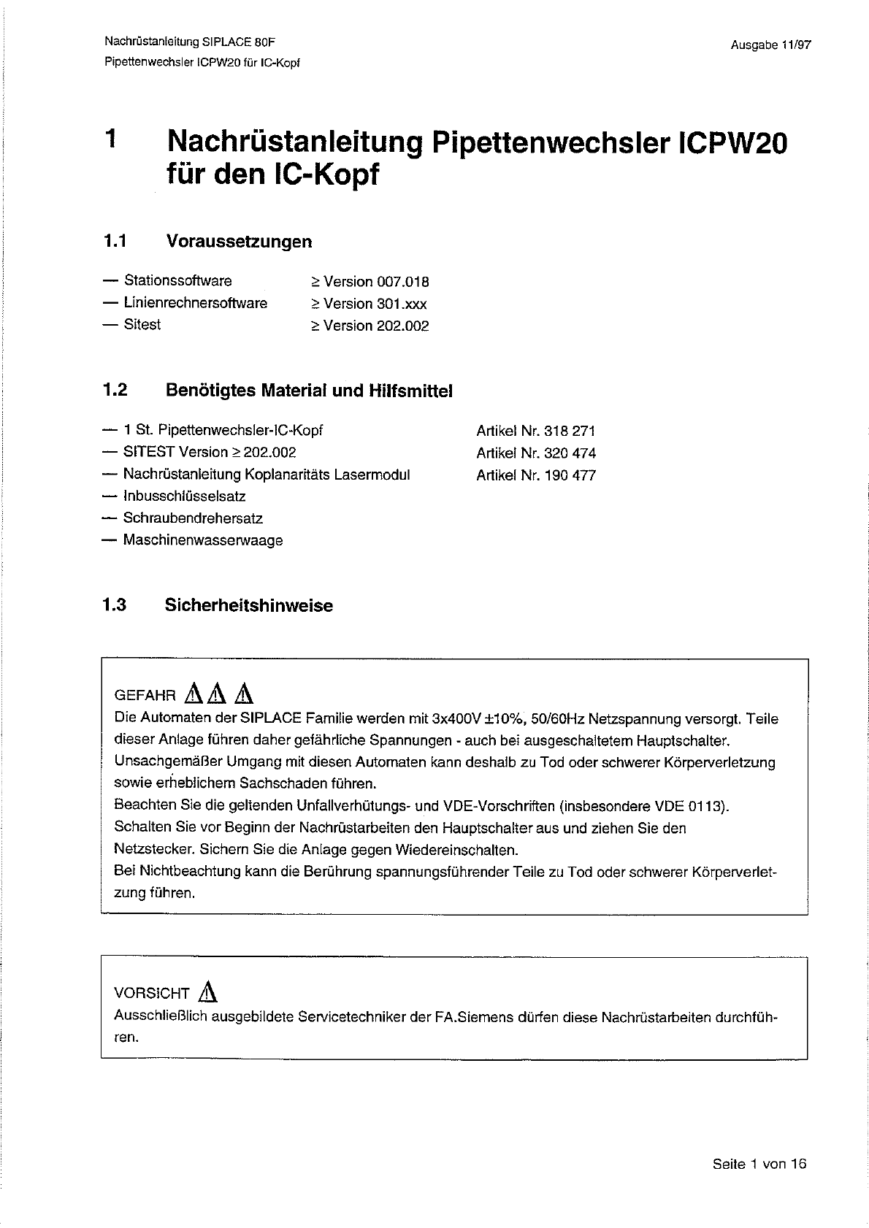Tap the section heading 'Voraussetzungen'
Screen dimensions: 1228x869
click(x=239, y=241)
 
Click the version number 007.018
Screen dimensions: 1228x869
click(x=402, y=282)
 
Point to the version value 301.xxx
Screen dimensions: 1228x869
click(x=402, y=304)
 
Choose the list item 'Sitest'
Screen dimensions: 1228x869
click(x=142, y=324)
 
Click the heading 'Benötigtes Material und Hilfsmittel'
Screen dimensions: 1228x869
click(x=309, y=391)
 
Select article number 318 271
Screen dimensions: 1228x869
click(x=570, y=431)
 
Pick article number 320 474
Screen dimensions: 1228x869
click(x=570, y=453)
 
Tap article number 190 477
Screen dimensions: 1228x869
click(x=570, y=475)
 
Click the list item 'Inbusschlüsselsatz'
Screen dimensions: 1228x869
click(x=184, y=496)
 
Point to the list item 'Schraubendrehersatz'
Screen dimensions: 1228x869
click(x=193, y=518)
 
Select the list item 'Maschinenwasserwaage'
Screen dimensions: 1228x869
click(x=202, y=541)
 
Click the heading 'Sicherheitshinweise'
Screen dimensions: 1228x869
click(x=248, y=605)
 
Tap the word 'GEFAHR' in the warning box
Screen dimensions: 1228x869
click(x=145, y=696)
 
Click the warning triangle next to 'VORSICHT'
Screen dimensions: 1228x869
click(x=209, y=991)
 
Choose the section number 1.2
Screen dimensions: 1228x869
click(x=115, y=391)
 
